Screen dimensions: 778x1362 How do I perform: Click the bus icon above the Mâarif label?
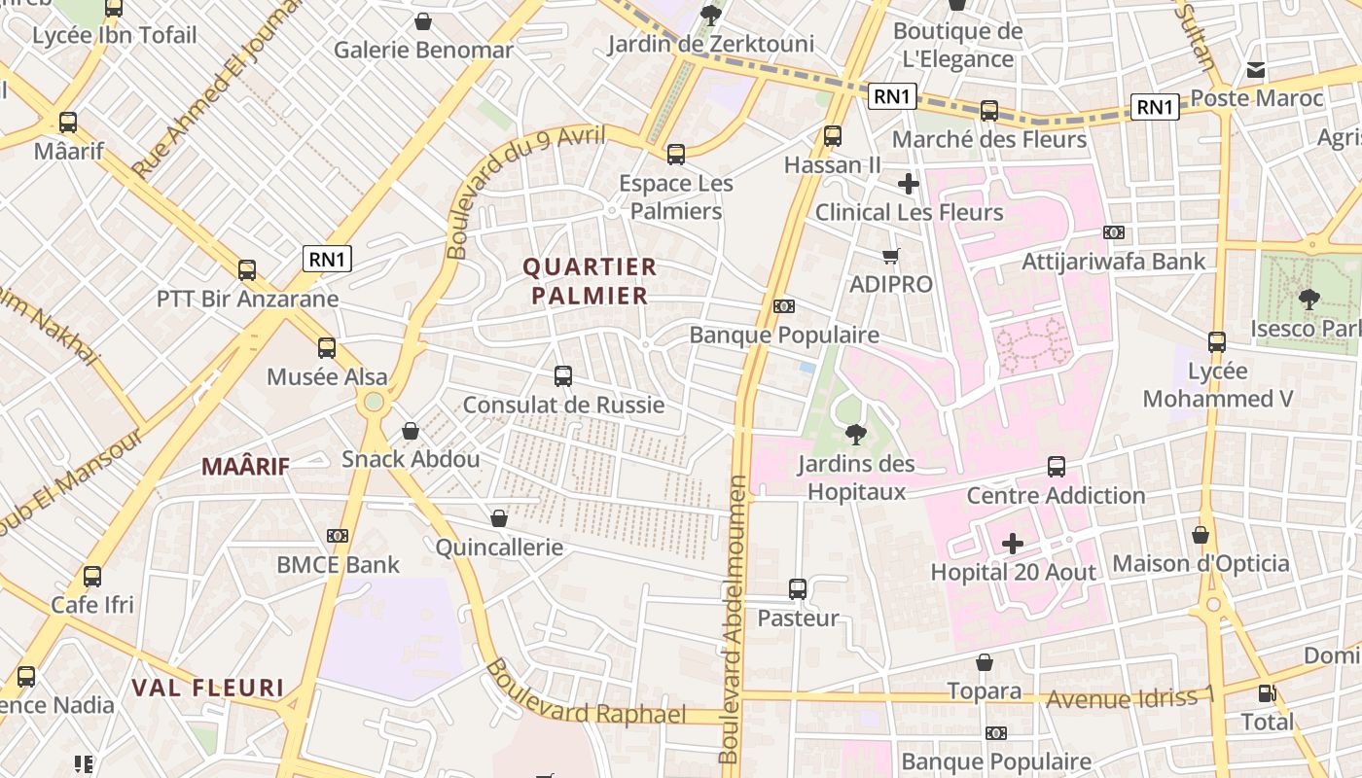pos(68,123)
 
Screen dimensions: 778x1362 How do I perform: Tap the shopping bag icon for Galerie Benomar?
pos(423,20)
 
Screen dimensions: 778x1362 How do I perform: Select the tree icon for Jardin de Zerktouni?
pos(711,15)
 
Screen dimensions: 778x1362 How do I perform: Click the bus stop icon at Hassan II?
pos(833,136)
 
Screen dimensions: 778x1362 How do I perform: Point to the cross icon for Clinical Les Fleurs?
pos(909,183)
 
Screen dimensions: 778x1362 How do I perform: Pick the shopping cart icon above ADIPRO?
pos(890,256)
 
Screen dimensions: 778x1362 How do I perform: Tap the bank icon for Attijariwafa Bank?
pos(1114,232)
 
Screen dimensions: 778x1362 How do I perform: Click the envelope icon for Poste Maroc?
pos(1256,70)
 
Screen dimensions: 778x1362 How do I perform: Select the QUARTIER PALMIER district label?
pos(590,281)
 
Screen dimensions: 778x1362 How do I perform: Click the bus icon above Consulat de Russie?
pos(563,375)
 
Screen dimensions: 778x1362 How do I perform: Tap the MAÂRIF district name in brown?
pos(245,467)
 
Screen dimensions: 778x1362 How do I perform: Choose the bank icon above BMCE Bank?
pos(338,536)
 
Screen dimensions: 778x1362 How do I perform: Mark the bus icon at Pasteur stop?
pos(798,588)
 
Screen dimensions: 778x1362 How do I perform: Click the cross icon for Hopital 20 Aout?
pos(1013,543)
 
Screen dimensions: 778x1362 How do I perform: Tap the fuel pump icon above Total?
pos(1267,693)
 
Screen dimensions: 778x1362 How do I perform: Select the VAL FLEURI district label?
pos(207,689)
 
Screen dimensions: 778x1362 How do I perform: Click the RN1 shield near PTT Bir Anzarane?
pos(327,259)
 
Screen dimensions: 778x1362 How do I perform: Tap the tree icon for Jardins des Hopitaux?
pos(855,434)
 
